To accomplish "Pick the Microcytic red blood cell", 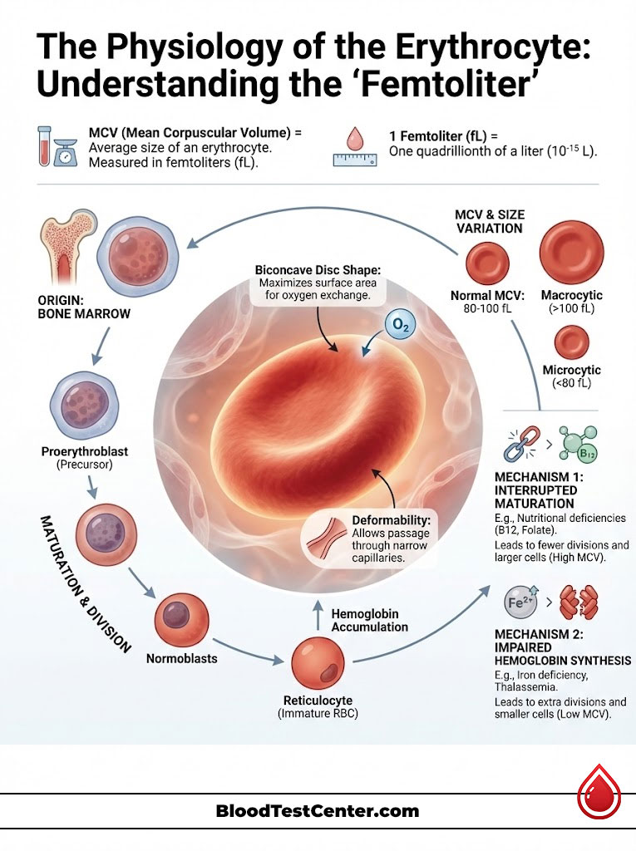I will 571,342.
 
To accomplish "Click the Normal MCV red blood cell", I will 486,265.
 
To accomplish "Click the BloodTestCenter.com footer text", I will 318,811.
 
